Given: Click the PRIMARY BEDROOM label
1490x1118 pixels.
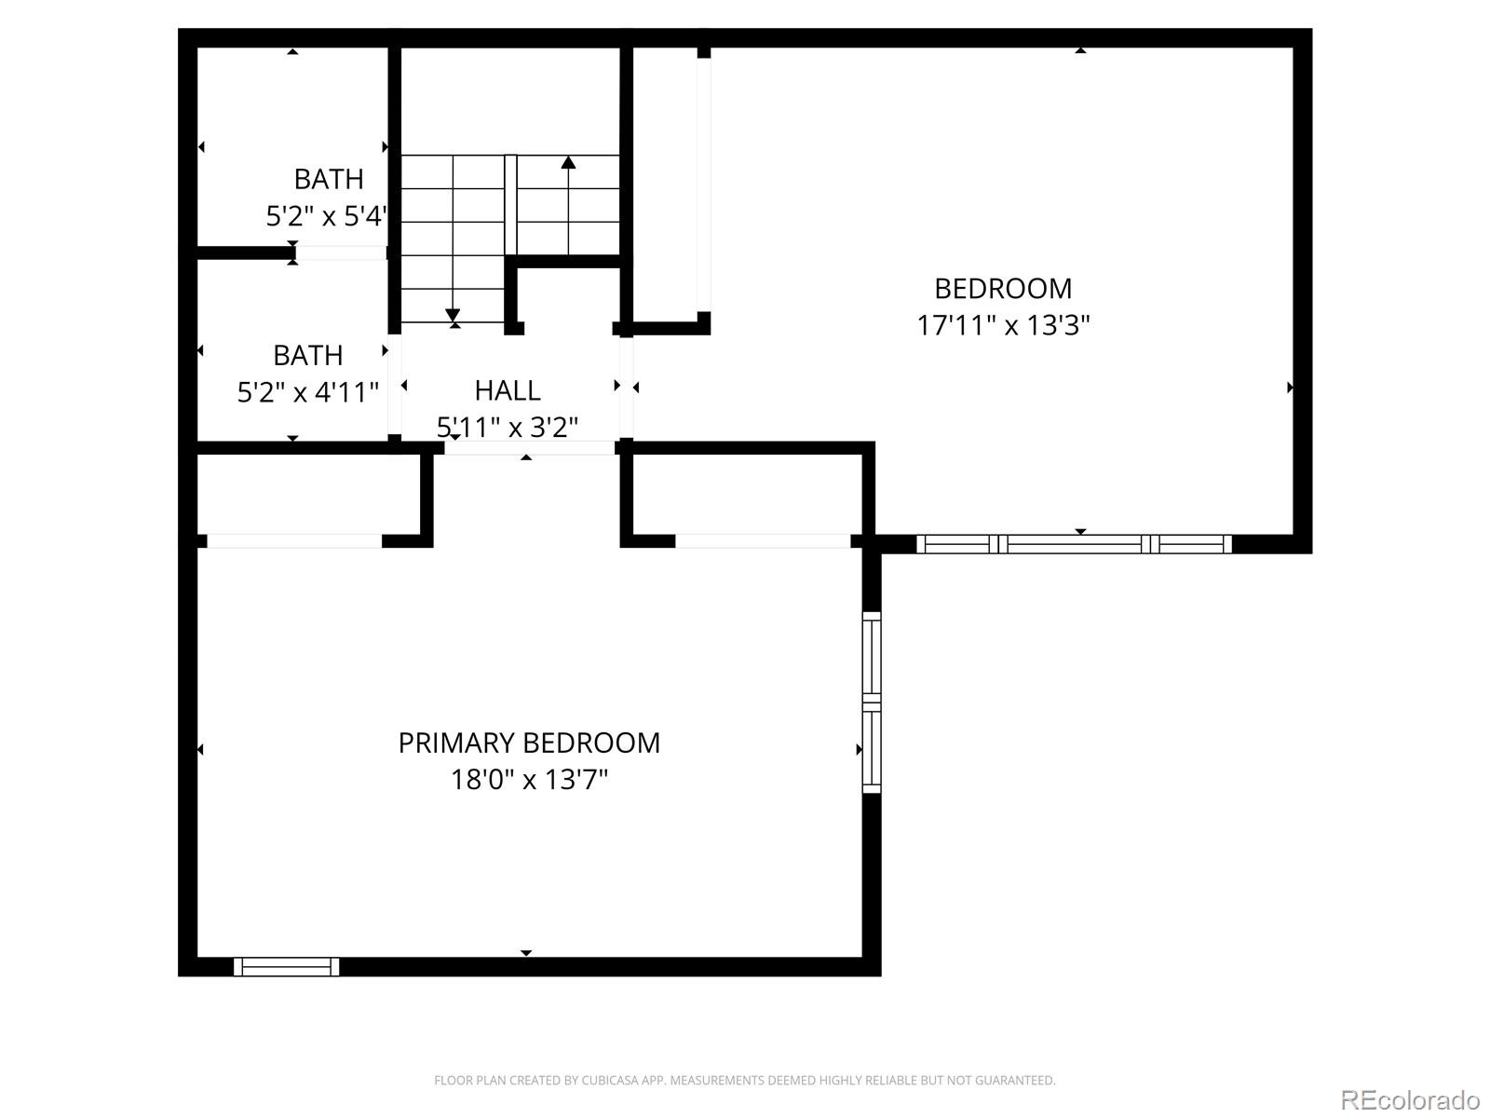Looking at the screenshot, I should click(x=529, y=743).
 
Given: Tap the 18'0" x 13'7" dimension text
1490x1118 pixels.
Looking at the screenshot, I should click(x=529, y=779).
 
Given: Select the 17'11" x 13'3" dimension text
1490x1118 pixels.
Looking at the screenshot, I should click(x=1003, y=325).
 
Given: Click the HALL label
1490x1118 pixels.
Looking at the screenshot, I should click(x=508, y=389).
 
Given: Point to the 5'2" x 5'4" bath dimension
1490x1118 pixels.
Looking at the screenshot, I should click(x=326, y=216).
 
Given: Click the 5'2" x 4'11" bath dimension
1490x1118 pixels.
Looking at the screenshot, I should click(x=308, y=392).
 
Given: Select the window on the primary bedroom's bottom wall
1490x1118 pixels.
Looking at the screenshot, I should click(x=286, y=967).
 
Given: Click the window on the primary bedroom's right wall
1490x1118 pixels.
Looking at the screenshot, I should click(x=872, y=702).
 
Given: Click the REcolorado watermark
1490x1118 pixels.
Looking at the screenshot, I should click(x=1410, y=1100).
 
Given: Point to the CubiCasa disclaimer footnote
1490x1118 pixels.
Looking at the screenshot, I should click(x=744, y=1081).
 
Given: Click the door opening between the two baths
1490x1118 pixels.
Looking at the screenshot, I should click(x=340, y=252).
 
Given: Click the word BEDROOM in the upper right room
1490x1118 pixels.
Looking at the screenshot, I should click(x=1003, y=288).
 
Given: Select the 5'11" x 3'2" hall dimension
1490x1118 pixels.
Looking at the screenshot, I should click(x=508, y=427).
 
